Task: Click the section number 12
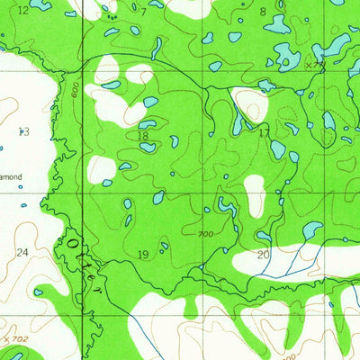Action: tap(23, 10)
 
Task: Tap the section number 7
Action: tap(143, 12)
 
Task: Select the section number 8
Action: tap(263, 12)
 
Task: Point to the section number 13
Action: tap(23, 132)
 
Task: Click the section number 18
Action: tap(143, 136)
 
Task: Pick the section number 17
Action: tap(264, 132)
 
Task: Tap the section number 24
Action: tap(23, 253)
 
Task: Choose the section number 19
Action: tap(143, 255)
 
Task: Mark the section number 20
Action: tap(264, 255)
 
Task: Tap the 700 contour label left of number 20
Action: tap(206, 235)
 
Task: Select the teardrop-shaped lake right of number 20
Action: tap(311, 231)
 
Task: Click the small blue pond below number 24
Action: tap(38, 292)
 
